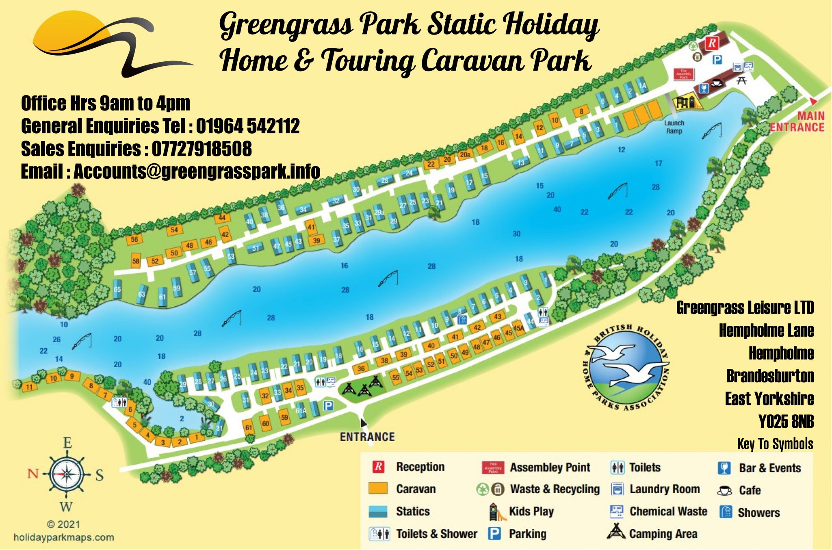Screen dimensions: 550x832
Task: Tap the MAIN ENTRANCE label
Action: [797, 121]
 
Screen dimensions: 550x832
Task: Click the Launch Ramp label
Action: [674, 127]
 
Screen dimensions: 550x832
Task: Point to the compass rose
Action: [67, 474]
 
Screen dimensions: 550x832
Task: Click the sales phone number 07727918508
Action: [201, 149]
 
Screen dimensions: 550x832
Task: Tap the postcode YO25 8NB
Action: [786, 421]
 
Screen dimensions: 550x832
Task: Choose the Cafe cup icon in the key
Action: [724, 490]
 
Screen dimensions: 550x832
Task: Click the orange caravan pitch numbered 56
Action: [134, 240]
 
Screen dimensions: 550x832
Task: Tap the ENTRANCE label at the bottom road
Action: [367, 437]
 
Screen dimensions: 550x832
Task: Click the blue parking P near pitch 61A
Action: [328, 405]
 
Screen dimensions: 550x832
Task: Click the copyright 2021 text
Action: [64, 524]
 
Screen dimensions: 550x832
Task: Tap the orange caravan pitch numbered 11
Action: [29, 387]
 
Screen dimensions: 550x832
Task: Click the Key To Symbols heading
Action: [775, 444]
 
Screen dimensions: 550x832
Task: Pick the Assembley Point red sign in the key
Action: [493, 468]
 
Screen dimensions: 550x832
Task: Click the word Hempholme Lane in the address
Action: [766, 330]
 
